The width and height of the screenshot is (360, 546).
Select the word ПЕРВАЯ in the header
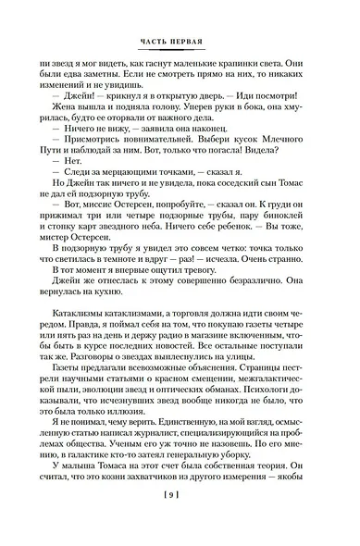[x=194, y=40]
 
